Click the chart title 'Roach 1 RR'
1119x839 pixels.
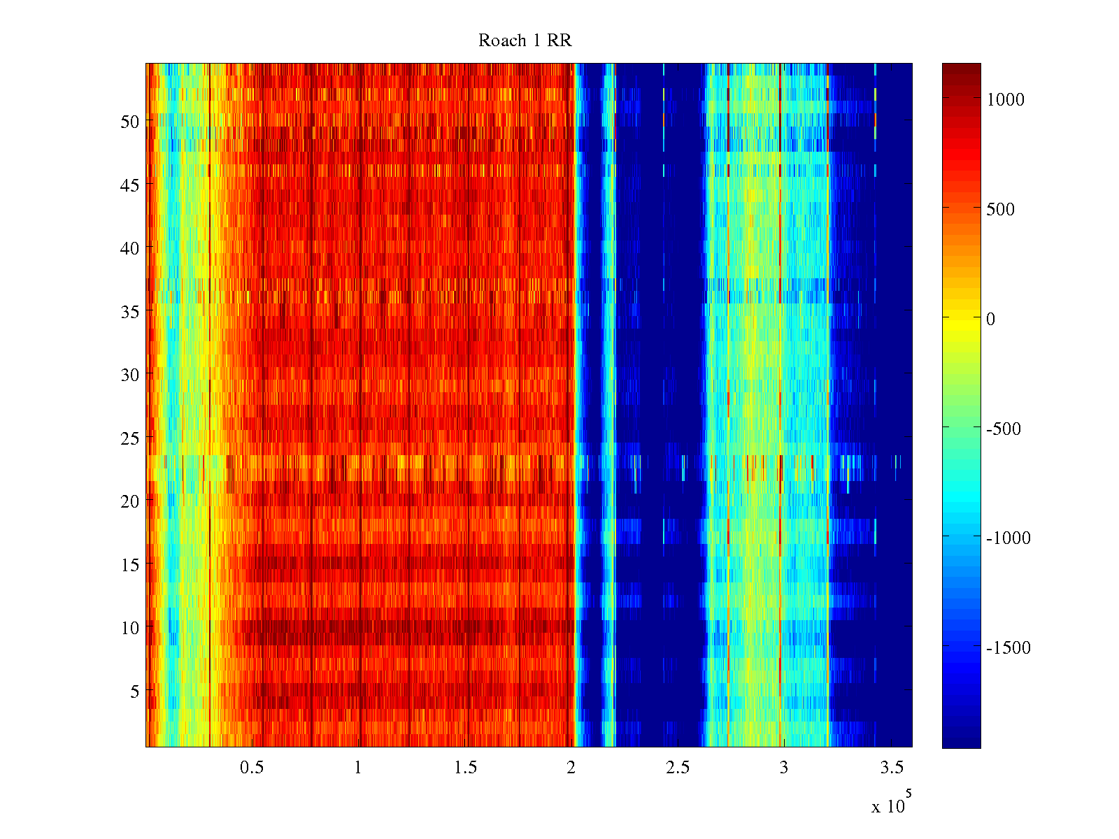coord(525,41)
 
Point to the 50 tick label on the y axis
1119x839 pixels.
coord(129,122)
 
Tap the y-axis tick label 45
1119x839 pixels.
coord(129,185)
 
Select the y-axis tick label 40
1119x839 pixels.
coord(129,249)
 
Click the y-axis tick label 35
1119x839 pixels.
coord(129,312)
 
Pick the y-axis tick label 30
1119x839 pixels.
coord(129,375)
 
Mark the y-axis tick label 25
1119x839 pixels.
coord(129,438)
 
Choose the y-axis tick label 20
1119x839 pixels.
coord(129,501)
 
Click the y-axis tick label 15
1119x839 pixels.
coord(129,564)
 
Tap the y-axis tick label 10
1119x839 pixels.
coord(129,628)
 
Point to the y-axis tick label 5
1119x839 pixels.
coord(134,691)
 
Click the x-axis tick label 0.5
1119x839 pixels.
coord(252,767)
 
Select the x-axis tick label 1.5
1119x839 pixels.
coord(465,767)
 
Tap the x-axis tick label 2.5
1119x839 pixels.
coord(678,767)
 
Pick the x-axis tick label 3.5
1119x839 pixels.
coord(892,767)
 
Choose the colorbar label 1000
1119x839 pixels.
coord(1005,99)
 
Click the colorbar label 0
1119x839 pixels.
coord(990,319)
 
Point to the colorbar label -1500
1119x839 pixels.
coord(1008,647)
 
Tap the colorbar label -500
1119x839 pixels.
coord(1004,429)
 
